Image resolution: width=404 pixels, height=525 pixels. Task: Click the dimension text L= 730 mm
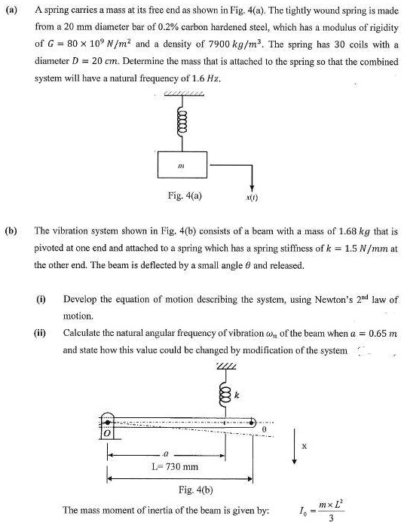(x=174, y=467)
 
